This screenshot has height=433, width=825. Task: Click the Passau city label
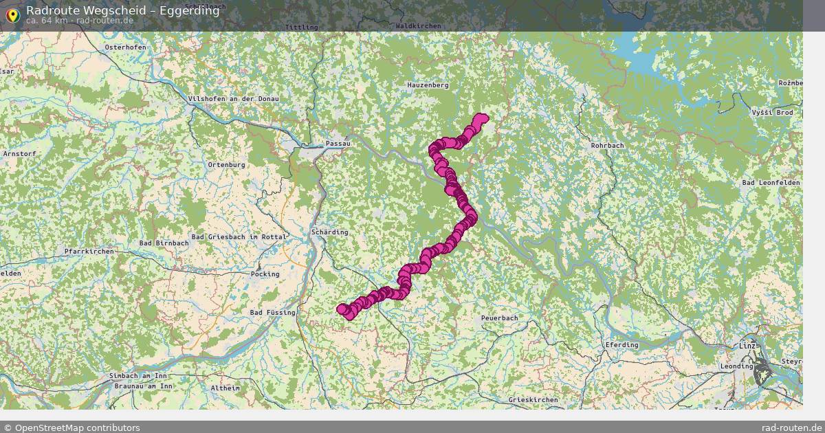point(338,144)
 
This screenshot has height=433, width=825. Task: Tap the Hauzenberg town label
point(428,85)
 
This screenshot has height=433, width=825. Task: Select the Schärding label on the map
point(330,232)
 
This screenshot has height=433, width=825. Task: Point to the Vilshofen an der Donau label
point(234,99)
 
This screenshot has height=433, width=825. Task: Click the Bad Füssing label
point(272,313)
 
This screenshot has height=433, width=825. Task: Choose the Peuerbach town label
point(499,318)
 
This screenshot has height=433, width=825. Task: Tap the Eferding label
point(621,345)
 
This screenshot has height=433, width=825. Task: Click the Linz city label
point(746,345)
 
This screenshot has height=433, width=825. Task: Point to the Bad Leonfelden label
point(771,182)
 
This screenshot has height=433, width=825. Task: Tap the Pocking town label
point(265,274)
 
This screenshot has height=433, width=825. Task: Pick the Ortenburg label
point(226,165)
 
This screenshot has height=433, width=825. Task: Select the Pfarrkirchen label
point(89,252)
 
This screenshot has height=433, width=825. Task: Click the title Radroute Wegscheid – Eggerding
point(123,10)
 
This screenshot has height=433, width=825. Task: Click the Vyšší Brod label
point(772,112)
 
